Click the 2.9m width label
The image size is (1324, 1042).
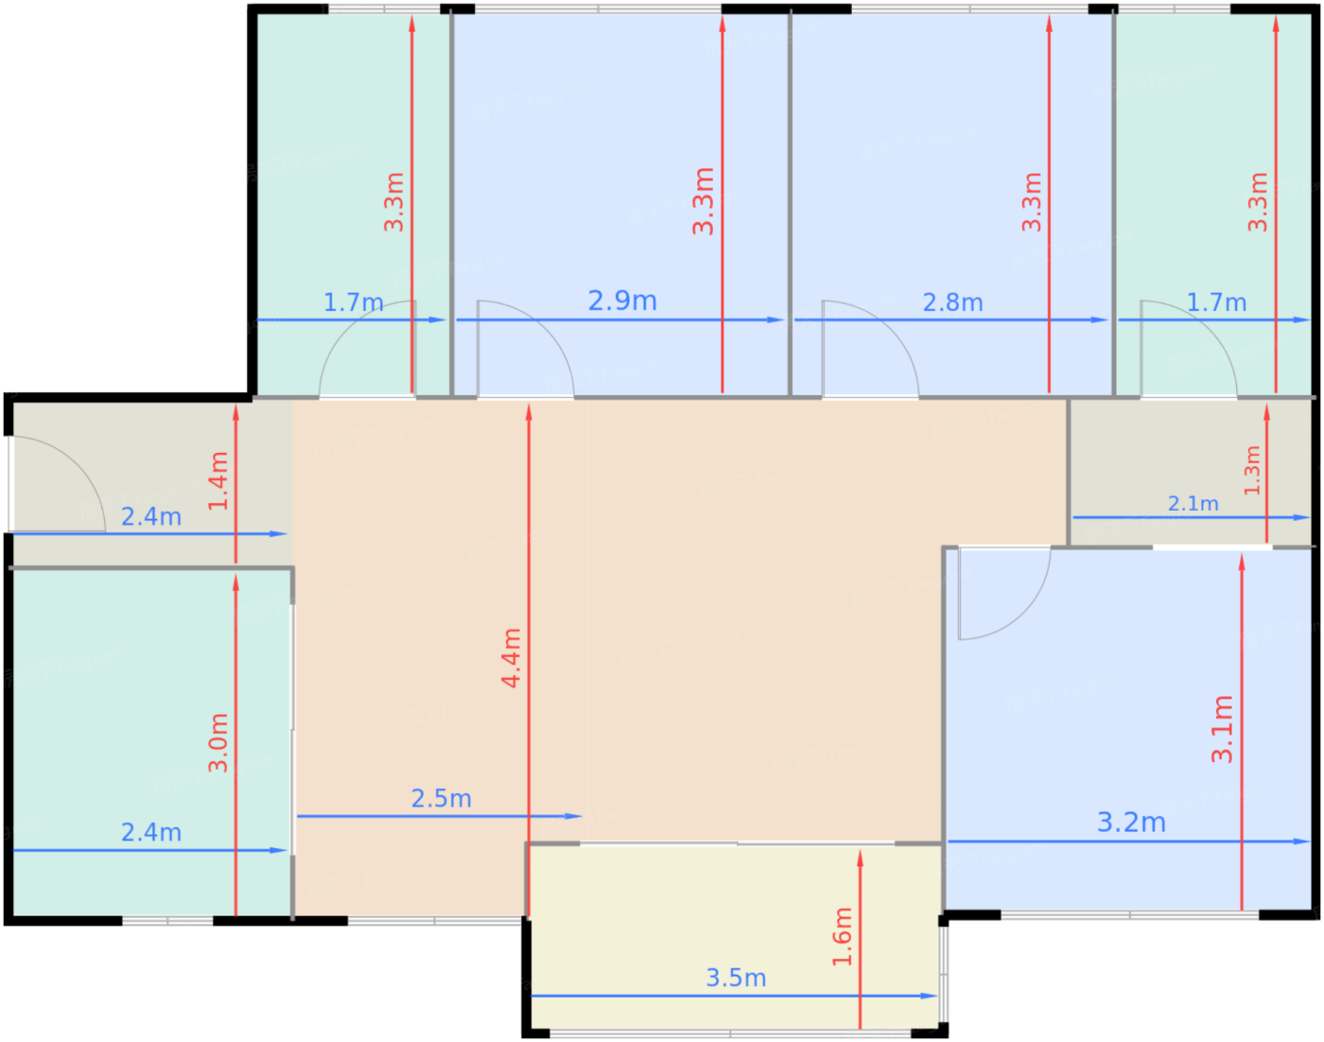pos(622,301)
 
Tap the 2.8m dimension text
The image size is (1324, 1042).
pos(952,303)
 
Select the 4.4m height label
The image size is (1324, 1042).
pos(511,658)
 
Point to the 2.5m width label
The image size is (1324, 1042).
pos(441,798)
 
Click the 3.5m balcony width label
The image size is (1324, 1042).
pos(736,978)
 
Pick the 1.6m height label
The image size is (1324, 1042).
pos(843,936)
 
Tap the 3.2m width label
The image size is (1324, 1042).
pos(1131,822)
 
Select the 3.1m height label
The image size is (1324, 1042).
pos(1222,729)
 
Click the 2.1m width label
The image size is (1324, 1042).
pos(1193,503)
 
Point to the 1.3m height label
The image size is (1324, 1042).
pos(1252,471)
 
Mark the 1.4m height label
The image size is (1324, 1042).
pos(218,480)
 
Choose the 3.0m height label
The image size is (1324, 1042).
pos(218,742)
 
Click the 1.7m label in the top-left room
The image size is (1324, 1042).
pos(353,303)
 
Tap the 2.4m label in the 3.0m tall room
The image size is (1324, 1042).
pos(151,832)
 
